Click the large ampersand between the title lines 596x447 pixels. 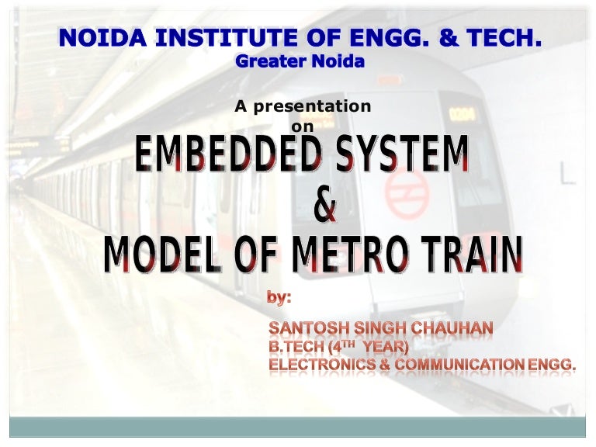coord(326,206)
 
